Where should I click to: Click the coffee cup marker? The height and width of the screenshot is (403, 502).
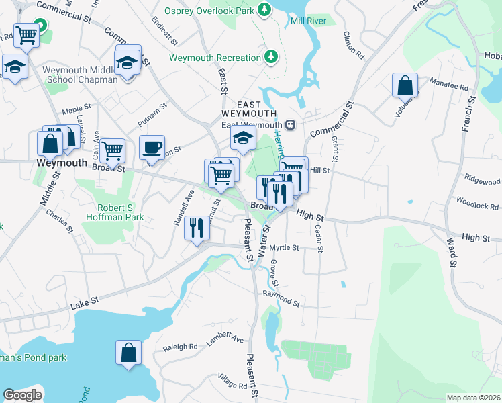coord(152,147)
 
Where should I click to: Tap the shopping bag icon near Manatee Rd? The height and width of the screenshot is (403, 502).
coord(405,85)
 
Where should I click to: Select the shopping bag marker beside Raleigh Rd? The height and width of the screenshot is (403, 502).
coord(128,352)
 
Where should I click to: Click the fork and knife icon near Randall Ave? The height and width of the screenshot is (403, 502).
coord(197,228)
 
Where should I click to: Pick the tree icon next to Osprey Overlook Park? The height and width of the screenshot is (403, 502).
coord(265,9)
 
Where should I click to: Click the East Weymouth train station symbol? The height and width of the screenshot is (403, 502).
coord(290,124)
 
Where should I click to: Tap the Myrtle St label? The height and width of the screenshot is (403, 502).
coord(293,247)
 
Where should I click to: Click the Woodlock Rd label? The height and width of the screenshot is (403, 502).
coord(478,201)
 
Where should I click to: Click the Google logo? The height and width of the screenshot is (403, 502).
coord(23,395)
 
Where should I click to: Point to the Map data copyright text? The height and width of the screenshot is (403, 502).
coord(473,398)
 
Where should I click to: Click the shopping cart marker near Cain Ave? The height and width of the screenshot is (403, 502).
coord(113,150)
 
